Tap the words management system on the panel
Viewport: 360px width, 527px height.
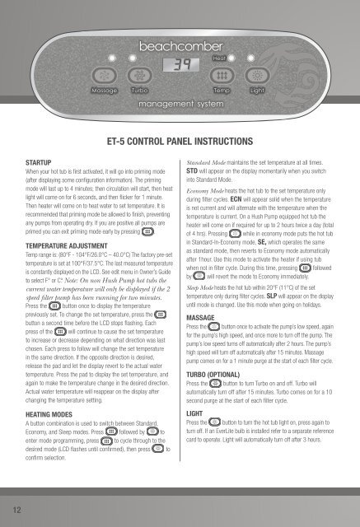click(180, 104)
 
